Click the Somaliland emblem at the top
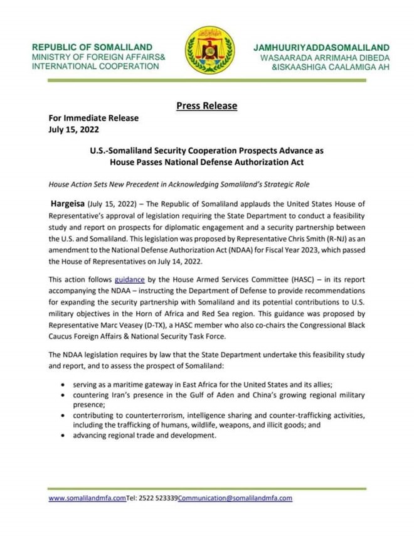(x=210, y=50)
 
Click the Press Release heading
(x=207, y=105)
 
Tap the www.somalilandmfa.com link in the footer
(x=87, y=498)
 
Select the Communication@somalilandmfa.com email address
(x=235, y=498)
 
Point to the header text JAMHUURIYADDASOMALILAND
(x=321, y=48)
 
